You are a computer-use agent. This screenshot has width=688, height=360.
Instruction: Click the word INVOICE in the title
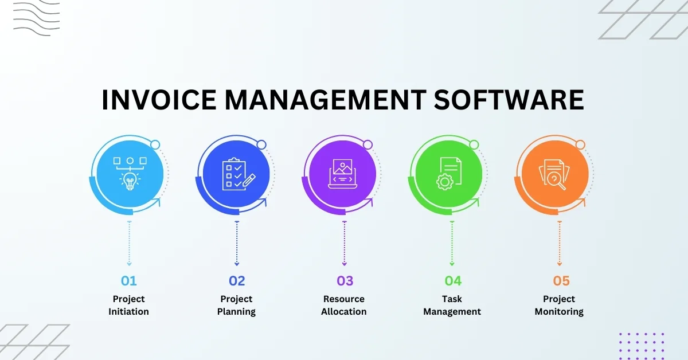click(159, 100)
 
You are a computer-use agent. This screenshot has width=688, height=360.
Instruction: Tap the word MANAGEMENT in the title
click(325, 100)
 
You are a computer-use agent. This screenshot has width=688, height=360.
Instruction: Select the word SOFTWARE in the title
click(509, 100)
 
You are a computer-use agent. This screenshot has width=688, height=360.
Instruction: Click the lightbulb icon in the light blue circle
click(130, 181)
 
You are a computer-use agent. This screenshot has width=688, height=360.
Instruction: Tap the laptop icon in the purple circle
click(342, 174)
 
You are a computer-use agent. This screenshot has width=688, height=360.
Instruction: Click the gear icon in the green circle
click(445, 182)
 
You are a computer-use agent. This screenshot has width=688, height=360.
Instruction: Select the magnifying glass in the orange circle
click(556, 181)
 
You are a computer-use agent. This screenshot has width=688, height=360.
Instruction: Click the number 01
click(128, 281)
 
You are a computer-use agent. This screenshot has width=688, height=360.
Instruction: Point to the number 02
click(237, 281)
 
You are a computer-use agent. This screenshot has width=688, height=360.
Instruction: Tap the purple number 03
click(345, 281)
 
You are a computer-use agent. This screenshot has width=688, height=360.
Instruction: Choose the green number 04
click(453, 281)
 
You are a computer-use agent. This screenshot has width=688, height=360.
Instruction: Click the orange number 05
click(561, 281)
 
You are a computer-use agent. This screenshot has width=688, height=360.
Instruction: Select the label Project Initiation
click(128, 306)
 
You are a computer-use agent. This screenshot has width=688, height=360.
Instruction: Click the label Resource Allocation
click(344, 306)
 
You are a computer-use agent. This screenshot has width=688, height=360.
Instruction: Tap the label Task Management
click(452, 306)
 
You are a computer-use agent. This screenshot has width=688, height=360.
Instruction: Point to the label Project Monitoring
click(559, 306)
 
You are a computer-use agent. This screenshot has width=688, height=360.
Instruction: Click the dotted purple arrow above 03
click(345, 243)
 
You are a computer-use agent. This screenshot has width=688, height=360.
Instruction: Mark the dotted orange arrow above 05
click(560, 243)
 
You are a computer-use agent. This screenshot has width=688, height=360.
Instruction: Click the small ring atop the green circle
click(474, 144)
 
